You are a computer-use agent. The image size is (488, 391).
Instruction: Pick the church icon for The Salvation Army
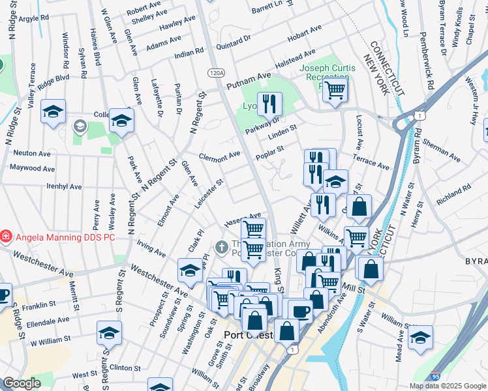click(x=221, y=248)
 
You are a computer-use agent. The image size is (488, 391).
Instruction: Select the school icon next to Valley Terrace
click(x=53, y=111)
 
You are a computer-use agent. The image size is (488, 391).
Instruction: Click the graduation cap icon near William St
click(x=420, y=337)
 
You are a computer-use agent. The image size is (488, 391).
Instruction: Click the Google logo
click(x=22, y=383)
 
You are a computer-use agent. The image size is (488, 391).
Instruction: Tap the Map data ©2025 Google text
click(x=447, y=386)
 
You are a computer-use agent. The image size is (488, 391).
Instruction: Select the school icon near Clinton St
click(x=109, y=333)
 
